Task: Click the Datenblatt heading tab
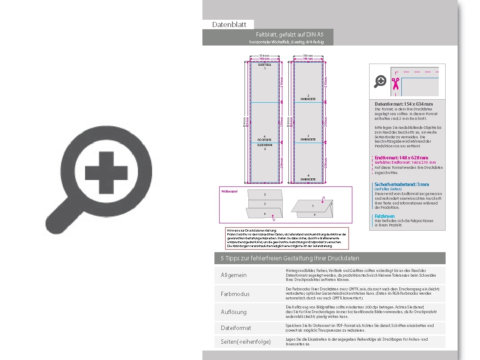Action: pyautogui.click(x=229, y=24)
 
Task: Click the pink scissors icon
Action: pyautogui.click(x=395, y=82)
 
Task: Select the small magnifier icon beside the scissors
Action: pyautogui.click(x=380, y=81)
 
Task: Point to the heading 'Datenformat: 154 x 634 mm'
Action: pyautogui.click(x=404, y=104)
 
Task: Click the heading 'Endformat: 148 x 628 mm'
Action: pyautogui.click(x=401, y=158)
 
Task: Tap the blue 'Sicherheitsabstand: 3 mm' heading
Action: pyautogui.click(x=401, y=184)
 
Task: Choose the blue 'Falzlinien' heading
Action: pyautogui.click(x=384, y=216)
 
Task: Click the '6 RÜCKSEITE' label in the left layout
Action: pyautogui.click(x=264, y=138)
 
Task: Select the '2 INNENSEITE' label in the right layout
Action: pyautogui.click(x=308, y=97)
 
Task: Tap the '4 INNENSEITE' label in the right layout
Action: pyautogui.click(x=308, y=177)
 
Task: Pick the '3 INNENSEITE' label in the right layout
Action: pyautogui.click(x=308, y=137)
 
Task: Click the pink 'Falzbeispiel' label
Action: pyautogui.click(x=229, y=191)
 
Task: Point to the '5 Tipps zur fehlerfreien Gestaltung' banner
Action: pyautogui.click(x=290, y=258)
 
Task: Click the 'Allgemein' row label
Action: pyautogui.click(x=234, y=275)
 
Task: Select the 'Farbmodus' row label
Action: pyautogui.click(x=235, y=294)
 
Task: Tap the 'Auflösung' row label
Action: pyautogui.click(x=234, y=312)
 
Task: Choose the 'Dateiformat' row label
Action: pyautogui.click(x=236, y=328)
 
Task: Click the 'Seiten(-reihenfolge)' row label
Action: pyautogui.click(x=246, y=342)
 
